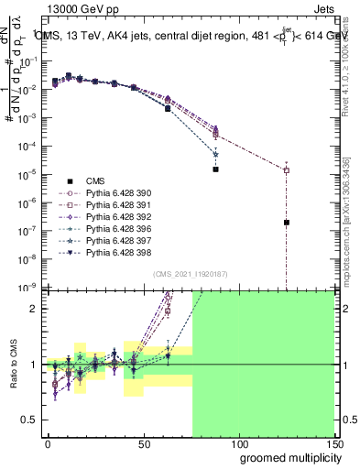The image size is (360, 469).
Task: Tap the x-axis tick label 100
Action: pyautogui.click(x=237, y=442)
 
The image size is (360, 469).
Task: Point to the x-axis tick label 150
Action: pyautogui.click(x=333, y=442)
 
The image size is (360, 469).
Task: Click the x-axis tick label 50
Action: pyautogui.click(x=143, y=442)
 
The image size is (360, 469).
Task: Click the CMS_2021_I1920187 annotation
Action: pyautogui.click(x=189, y=274)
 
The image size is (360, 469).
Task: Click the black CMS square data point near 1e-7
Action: pyautogui.click(x=287, y=223)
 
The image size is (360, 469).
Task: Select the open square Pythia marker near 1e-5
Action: pyautogui.click(x=287, y=170)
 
